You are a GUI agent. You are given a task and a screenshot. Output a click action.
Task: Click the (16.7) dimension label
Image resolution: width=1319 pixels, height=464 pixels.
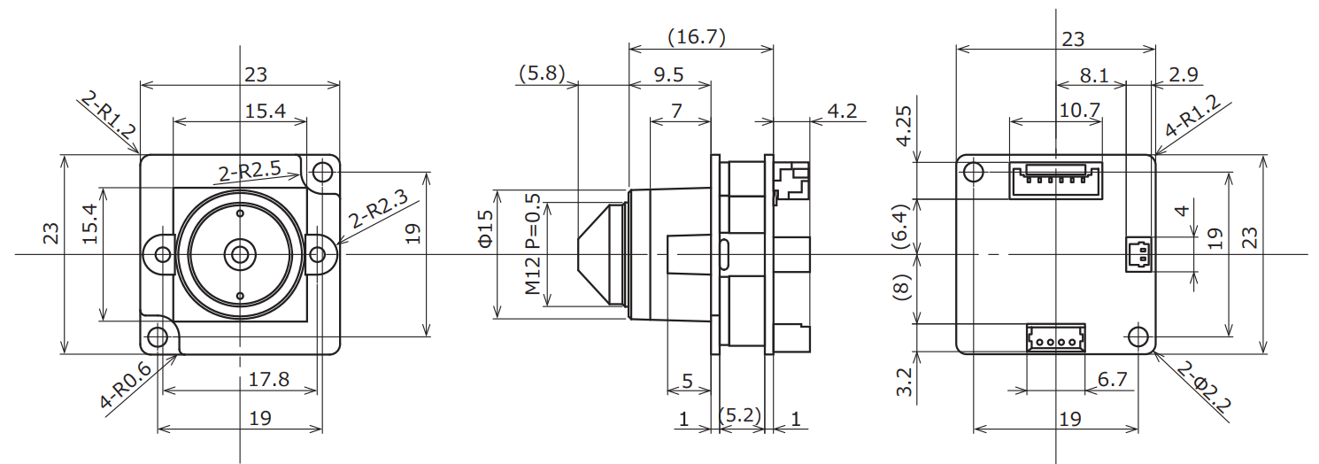coord(697,36)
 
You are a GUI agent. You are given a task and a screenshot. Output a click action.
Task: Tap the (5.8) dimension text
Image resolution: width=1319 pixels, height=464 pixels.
coord(542,73)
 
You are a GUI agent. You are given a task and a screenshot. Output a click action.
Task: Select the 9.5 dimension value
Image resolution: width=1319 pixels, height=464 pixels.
coord(668,74)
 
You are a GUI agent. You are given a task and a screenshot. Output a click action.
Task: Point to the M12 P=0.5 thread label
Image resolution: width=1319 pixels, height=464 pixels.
coord(532,244)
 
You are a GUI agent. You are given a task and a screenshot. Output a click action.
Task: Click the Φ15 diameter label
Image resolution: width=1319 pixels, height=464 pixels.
coord(485,229)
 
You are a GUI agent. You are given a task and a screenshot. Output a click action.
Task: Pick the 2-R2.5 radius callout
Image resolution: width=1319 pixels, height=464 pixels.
coord(250,172)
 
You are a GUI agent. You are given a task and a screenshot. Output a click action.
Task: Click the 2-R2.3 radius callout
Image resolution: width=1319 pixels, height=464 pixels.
coord(377,208)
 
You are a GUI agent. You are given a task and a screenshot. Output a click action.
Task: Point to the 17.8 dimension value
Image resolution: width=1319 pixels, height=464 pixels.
coord(268,379)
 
